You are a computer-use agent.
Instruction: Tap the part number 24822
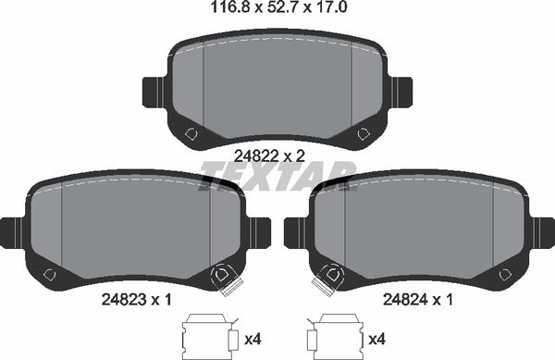coord(256,155)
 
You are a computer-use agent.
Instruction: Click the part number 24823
coord(124,300)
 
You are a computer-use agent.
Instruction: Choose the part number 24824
coord(406,300)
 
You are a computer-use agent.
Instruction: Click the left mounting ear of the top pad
coord(154,92)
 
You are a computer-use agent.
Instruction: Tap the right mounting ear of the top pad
coord(401,92)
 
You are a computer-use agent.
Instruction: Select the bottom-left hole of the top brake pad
coord(191,134)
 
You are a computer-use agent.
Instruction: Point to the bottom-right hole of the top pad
coord(364,134)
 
